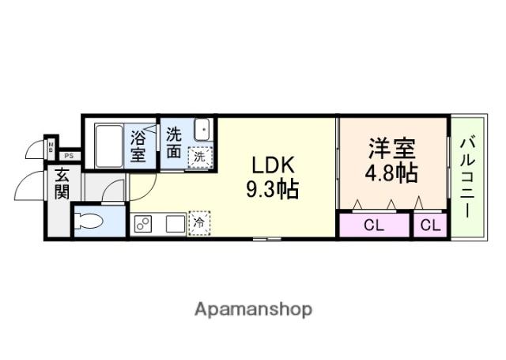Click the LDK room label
point(273,165)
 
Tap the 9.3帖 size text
point(273,189)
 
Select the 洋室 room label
point(392,148)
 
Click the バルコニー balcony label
point(468,177)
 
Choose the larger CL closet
point(374,225)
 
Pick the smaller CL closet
point(430,225)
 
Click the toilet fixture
point(89,222)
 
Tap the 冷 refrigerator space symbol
point(199,222)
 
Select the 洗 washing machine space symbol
point(200,157)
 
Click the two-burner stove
point(143,223)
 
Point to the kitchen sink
point(176,223)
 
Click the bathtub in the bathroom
point(109,146)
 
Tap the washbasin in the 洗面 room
point(202,130)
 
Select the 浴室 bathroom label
point(138,147)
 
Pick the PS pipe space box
point(69,157)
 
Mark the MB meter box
point(51,147)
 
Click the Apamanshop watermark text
point(253,310)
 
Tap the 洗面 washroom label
point(174,143)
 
